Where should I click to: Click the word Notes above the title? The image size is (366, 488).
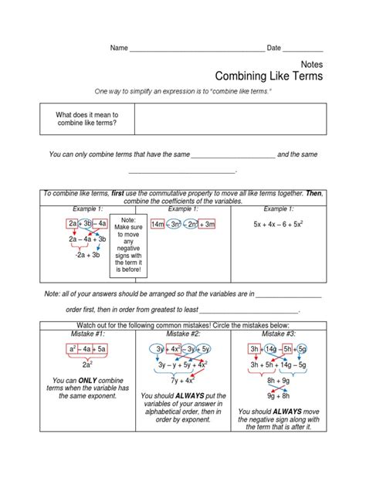tap(310, 65)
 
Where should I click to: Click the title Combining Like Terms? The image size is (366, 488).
tap(268, 77)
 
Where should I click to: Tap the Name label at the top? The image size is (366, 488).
tap(118, 48)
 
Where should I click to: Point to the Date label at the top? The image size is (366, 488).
tap(274, 48)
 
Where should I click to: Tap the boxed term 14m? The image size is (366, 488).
tap(158, 224)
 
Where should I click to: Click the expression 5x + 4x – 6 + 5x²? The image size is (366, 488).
tap(280, 224)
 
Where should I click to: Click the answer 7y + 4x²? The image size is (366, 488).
tap(183, 380)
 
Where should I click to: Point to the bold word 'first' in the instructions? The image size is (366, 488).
tap(122, 193)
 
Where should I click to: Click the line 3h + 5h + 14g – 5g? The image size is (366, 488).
tap(280, 364)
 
